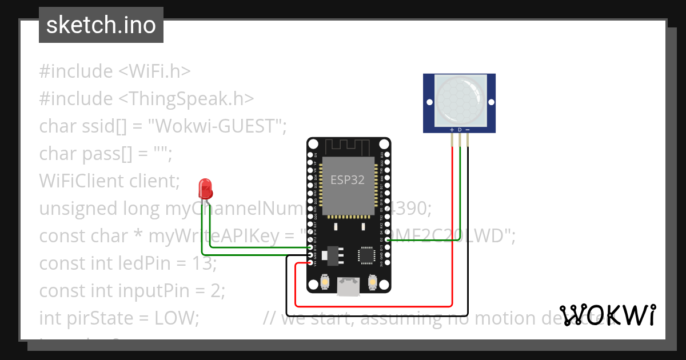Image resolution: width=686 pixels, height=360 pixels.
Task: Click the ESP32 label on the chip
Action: coord(348,180)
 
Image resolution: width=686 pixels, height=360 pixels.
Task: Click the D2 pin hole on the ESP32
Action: coord(388,240)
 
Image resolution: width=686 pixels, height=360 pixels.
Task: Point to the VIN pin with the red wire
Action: coord(310,263)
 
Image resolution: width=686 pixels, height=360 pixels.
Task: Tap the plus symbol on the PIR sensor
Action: coord(452,130)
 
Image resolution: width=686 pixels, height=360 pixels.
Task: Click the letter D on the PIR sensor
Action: coord(460,130)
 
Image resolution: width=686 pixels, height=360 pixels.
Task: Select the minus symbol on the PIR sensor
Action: coord(468,130)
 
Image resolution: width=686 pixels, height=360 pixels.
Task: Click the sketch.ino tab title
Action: coord(101,25)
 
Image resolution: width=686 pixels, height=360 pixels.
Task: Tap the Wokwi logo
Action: coord(607,315)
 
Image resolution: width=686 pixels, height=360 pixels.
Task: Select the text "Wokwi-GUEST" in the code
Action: coord(217,126)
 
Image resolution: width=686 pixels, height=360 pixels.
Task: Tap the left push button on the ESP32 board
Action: coord(325,282)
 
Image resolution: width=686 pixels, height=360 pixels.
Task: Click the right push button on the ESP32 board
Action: coord(372,282)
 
